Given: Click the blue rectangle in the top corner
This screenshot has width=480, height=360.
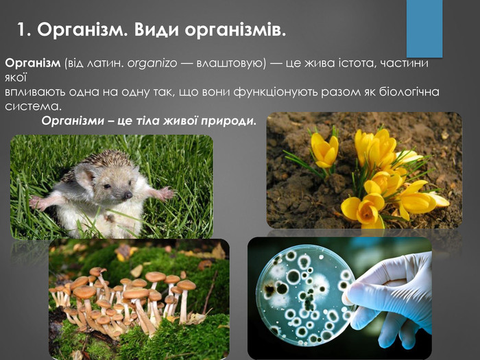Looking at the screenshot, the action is (x=424, y=28).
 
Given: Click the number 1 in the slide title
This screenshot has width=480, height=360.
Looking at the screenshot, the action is (x=22, y=29).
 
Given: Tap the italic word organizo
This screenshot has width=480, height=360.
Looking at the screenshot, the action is (x=152, y=63).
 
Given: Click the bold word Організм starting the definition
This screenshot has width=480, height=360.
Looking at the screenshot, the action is (x=33, y=63).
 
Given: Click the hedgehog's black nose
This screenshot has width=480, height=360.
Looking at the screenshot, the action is (x=128, y=195).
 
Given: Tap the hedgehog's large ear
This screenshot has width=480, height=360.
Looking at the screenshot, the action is (x=84, y=177).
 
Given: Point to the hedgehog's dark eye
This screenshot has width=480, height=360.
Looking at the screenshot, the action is (x=106, y=186).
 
